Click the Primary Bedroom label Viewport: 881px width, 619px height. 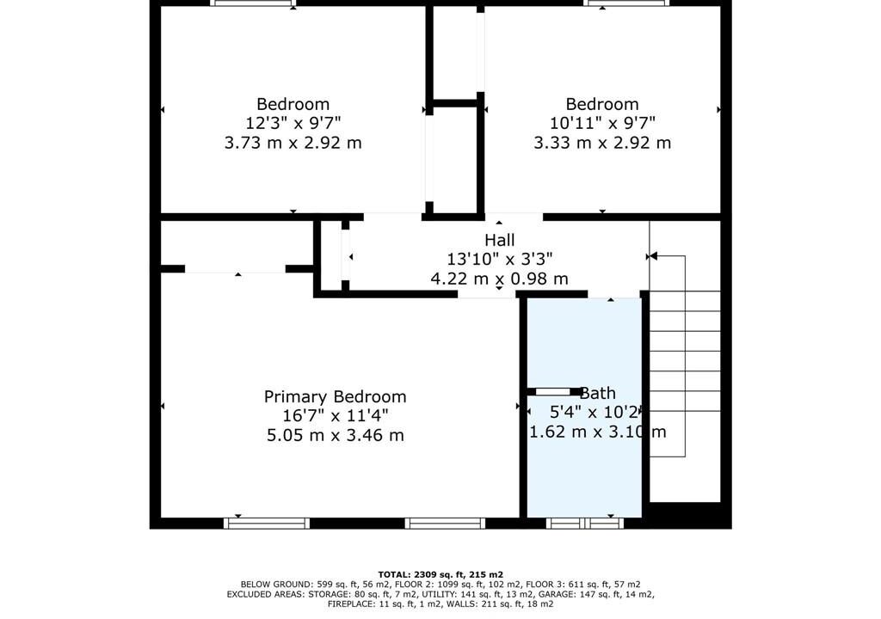tap(335, 396)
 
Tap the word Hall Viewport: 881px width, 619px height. tap(500, 240)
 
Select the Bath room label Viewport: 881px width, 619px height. tap(598, 393)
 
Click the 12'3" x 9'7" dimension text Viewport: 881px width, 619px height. tap(293, 122)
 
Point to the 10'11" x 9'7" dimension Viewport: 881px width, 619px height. tap(601, 122)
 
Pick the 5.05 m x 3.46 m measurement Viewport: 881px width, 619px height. tap(335, 435)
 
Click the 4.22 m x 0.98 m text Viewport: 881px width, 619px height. tap(500, 279)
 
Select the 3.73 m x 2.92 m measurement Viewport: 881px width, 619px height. tap(293, 143)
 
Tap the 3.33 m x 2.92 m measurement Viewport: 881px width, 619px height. tap(601, 143)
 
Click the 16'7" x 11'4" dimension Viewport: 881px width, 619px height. tap(335, 416)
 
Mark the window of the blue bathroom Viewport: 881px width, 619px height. tap(585, 524)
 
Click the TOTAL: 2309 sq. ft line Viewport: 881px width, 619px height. tap(440, 574)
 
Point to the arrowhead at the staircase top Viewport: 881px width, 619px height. tap(653, 256)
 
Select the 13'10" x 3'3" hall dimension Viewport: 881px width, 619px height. tap(500, 259)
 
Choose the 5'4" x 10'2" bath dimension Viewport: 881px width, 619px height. tap(595, 413)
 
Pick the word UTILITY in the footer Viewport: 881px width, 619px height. tap(443, 594)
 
